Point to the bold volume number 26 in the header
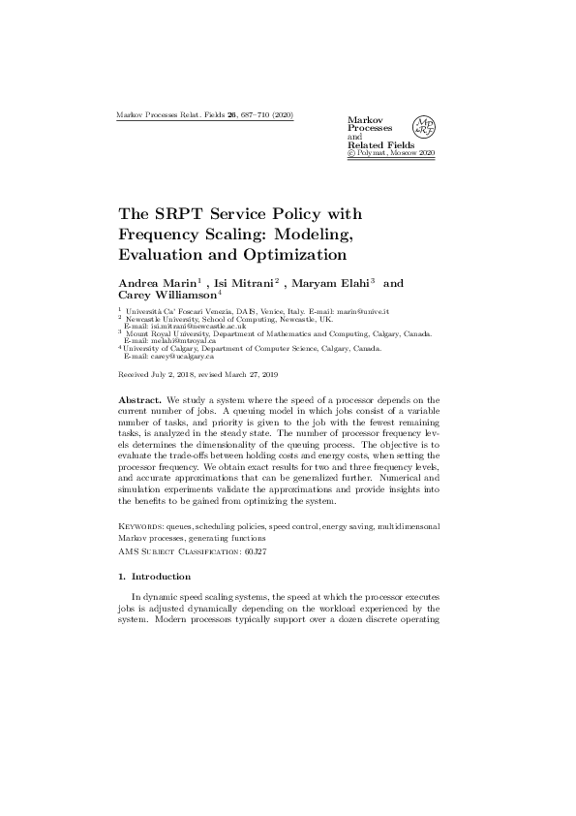click(232, 115)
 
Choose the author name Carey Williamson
click(167, 296)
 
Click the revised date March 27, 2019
click(257, 373)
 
